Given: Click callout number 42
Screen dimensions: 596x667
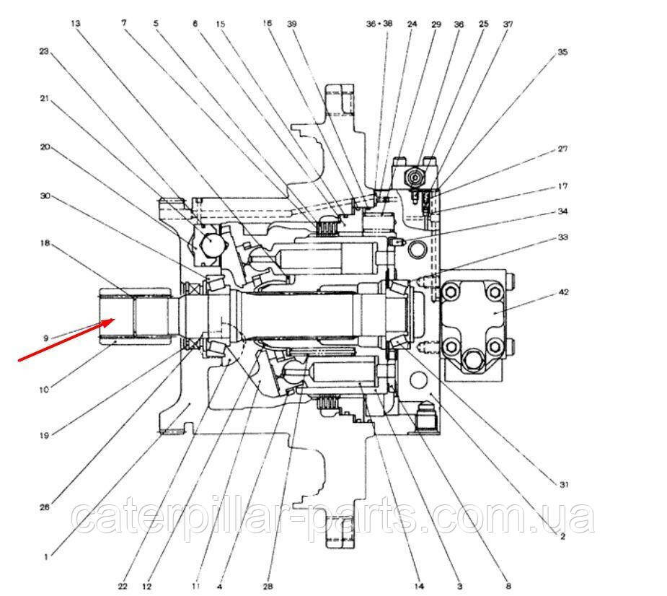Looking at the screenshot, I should click(x=563, y=294).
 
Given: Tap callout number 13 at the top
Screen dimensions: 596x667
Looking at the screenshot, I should click(x=76, y=24).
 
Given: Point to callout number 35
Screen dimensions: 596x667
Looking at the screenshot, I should click(x=562, y=53).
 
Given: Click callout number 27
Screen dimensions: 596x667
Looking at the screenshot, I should click(x=562, y=149).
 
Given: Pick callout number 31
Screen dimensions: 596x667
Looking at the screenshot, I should click(x=563, y=485).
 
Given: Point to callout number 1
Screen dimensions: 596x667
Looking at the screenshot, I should click(x=45, y=556).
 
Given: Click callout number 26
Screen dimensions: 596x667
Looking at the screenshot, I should click(x=45, y=507).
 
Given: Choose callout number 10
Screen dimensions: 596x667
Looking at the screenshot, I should click(x=45, y=390).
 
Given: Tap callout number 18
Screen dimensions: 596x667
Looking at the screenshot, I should click(x=44, y=244).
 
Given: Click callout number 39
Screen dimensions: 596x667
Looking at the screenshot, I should click(x=291, y=24).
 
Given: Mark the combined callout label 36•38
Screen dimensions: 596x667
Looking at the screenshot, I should click(x=379, y=24).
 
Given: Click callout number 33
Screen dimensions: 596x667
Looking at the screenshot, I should click(x=562, y=237).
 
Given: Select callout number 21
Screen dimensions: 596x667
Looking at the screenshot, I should click(x=44, y=100).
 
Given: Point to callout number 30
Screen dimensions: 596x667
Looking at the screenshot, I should click(x=44, y=196).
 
